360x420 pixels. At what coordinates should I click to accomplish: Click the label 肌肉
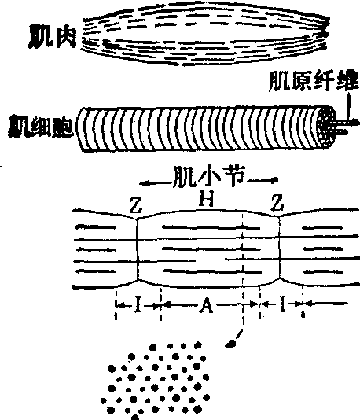click(53, 36)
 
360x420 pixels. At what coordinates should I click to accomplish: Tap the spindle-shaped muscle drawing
click(204, 33)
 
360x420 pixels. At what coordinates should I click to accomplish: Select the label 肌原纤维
click(314, 81)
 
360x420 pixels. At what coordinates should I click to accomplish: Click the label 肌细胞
click(41, 127)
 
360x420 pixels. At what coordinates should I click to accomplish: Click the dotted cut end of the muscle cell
click(325, 128)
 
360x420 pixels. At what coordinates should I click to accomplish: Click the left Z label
click(136, 205)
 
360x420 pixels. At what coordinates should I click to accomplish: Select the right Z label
click(277, 203)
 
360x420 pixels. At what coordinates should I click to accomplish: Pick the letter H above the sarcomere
click(207, 199)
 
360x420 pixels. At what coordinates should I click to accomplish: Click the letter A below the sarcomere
click(206, 305)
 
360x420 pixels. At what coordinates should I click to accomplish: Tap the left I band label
click(138, 304)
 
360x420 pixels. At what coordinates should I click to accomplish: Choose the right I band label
click(282, 304)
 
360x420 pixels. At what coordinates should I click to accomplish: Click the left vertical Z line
click(138, 249)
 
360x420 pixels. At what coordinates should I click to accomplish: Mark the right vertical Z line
click(279, 247)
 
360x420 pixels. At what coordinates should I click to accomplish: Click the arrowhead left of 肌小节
click(144, 184)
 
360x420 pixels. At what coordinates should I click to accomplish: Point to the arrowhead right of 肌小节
click(274, 181)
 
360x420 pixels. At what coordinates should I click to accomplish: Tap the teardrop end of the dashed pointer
click(231, 344)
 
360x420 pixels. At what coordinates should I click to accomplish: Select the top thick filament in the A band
click(211, 227)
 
